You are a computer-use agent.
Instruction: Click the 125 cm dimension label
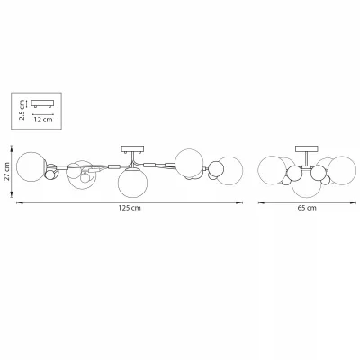tap(130, 208)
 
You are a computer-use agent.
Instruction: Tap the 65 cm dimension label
tap(307, 208)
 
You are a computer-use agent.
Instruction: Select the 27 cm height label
tap(7, 172)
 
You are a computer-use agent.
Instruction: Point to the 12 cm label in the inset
tap(43, 120)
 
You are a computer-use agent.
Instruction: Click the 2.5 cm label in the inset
tap(22, 110)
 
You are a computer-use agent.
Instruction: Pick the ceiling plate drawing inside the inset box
tap(42, 103)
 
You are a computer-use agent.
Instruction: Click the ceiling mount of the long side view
tap(132, 149)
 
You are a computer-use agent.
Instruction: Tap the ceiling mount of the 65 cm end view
tap(307, 148)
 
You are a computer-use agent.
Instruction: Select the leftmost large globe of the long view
tap(31, 166)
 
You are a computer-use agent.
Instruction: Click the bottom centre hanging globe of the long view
tap(132, 183)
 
